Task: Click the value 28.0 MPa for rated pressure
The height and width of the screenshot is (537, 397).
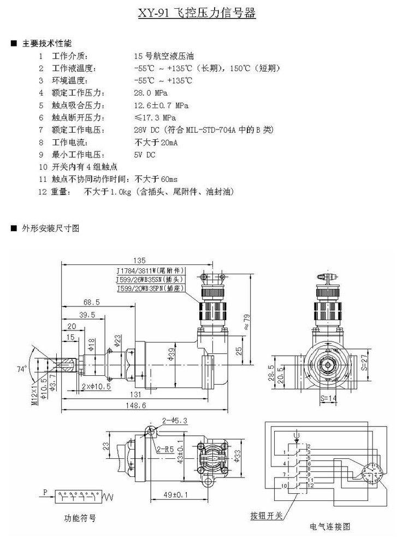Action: (151, 92)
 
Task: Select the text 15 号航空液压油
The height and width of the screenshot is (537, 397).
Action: (164, 56)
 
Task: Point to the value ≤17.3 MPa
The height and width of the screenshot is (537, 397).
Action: (155, 117)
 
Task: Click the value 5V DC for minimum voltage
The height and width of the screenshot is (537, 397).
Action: (145, 155)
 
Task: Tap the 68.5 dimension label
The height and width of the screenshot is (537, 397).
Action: (91, 302)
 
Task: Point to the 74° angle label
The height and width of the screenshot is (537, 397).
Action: (22, 369)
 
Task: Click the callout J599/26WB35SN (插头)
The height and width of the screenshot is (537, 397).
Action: (151, 279)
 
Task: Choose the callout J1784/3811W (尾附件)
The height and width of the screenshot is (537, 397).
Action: (151, 270)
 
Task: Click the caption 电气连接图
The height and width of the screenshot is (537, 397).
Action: (329, 527)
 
